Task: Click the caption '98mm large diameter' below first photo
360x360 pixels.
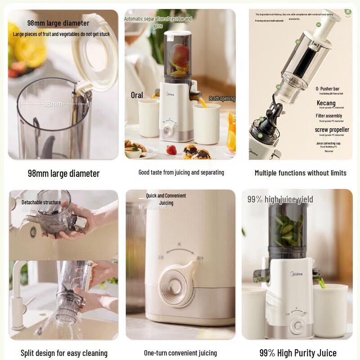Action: coord(63,173)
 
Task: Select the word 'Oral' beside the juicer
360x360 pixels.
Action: coord(137,95)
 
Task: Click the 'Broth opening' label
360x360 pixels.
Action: coord(222,99)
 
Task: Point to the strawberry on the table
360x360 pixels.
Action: coord(171,150)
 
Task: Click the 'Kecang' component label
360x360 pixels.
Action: coord(326,103)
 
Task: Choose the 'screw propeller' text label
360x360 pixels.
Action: coord(332,130)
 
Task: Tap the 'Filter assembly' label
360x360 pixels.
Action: coord(328,116)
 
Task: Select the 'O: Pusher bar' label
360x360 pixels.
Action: coord(333,89)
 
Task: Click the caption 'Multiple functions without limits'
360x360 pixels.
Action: coord(300,173)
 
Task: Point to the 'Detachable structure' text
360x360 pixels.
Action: coord(41,202)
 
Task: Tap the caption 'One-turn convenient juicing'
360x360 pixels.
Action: coord(180,353)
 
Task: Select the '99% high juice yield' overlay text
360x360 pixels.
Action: coord(280,199)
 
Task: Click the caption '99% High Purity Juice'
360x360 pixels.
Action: coord(298,353)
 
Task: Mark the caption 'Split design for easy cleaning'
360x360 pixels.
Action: coord(64,353)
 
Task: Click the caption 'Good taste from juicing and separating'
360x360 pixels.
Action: coord(181,172)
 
